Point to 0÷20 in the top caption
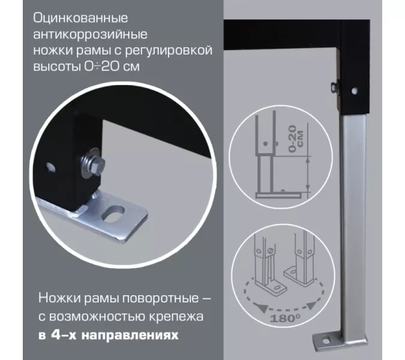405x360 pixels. (99, 67)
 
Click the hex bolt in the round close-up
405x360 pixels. (91, 163)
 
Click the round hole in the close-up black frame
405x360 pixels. (50, 166)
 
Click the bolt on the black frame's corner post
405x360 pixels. (335, 87)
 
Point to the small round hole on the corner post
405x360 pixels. (355, 91)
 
